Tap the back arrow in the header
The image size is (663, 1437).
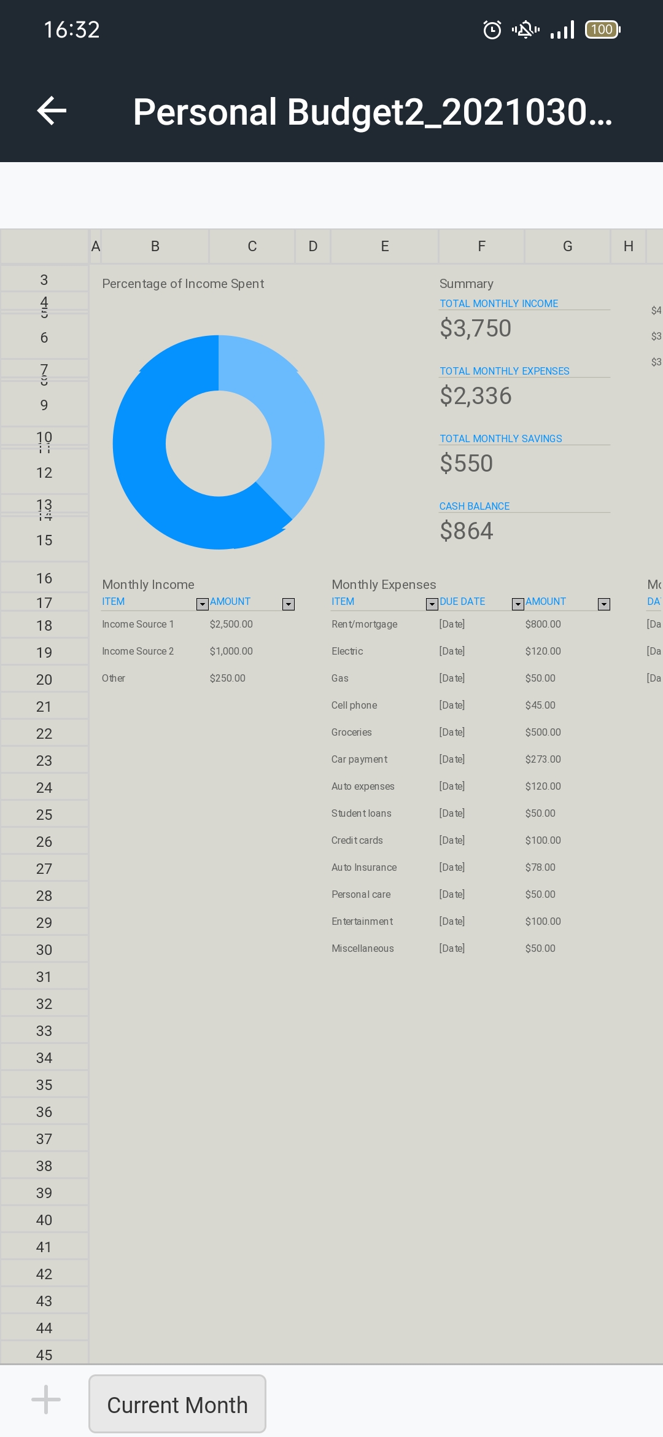52,111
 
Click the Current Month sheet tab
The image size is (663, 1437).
177,1404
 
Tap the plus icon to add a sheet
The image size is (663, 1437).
46,1400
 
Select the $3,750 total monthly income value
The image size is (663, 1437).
475,329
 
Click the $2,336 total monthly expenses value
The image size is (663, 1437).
475,396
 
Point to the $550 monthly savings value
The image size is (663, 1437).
466,464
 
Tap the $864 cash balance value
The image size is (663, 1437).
466,531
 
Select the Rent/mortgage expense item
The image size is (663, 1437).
364,625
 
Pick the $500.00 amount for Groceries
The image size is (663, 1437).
543,733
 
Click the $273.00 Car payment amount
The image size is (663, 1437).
543,760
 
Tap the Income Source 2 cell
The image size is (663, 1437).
138,652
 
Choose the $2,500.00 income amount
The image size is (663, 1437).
231,625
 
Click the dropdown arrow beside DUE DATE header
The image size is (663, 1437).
518,604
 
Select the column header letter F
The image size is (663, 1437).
481,247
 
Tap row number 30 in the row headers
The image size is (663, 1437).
44,950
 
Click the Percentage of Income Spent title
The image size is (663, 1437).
183,284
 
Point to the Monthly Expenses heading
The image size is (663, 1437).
384,585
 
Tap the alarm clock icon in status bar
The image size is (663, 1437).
492,29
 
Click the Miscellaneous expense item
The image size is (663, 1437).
362,949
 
